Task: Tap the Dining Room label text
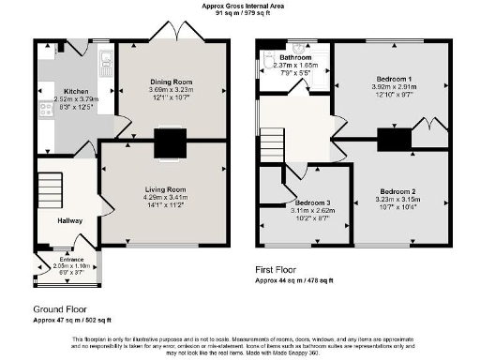171,82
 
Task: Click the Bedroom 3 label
313,202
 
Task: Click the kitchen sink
107,66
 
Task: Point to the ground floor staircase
49,186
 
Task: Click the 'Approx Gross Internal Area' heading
241,5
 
